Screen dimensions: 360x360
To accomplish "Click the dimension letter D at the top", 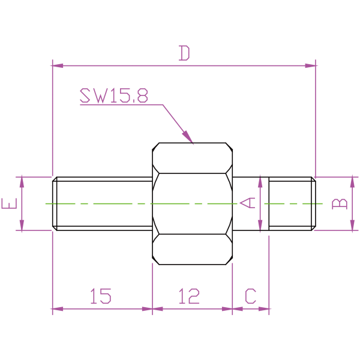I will click(184, 53).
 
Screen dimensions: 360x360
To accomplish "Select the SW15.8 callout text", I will click(114, 95).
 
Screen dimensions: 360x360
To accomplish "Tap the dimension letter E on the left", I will click(9, 205).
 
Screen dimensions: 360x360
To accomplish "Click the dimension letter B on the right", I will click(340, 203).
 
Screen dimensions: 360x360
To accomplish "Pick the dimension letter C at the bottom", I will click(251, 296).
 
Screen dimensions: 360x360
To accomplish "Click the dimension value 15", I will click(101, 296).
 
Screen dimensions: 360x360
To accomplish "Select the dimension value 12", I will click(190, 296).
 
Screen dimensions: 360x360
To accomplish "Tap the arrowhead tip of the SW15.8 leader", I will click(193, 143).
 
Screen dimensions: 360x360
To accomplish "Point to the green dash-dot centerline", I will click(120, 204).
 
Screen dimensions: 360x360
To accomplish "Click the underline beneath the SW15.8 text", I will click(120, 105).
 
